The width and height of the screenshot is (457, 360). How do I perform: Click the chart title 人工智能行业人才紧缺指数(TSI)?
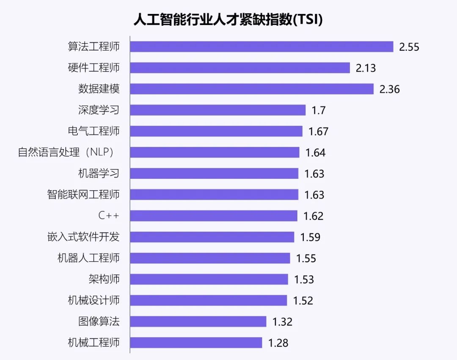pyautogui.click(x=228, y=19)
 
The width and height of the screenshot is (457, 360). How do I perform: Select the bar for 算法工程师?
pyautogui.click(x=262, y=47)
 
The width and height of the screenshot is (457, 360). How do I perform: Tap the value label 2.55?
pyautogui.click(x=409, y=47)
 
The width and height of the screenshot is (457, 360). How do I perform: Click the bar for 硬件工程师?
pyautogui.click(x=240, y=68)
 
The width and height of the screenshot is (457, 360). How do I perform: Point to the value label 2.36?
pyautogui.click(x=389, y=89)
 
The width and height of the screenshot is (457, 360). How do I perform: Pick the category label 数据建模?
pyautogui.click(x=99, y=89)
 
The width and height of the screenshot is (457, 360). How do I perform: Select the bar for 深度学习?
pyautogui.click(x=217, y=110)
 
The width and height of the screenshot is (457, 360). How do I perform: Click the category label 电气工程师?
pyautogui.click(x=94, y=131)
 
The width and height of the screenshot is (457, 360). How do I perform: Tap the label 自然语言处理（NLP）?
pyautogui.click(x=68, y=152)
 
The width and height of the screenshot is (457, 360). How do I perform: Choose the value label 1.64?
pyautogui.click(x=315, y=152)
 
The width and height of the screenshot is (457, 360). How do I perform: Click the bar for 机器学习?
pyautogui.click(x=214, y=174)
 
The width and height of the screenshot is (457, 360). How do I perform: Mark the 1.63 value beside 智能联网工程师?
pyautogui.click(x=314, y=195)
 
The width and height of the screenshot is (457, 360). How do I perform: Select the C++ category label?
pyautogui.click(x=109, y=216)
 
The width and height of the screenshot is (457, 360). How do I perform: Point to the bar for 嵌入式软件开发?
pyautogui.click(x=212, y=237)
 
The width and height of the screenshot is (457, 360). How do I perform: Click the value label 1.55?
pyautogui.click(x=306, y=258)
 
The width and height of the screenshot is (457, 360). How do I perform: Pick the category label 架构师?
pyautogui.click(x=104, y=279)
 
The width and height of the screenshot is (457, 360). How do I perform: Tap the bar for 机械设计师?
pyautogui.click(x=208, y=301)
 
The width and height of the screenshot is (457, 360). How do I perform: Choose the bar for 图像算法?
pyautogui.click(x=198, y=322)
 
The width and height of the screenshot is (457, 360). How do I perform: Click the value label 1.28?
pyautogui.click(x=278, y=343)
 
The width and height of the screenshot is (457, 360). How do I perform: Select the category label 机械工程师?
pyautogui.click(x=94, y=343)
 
